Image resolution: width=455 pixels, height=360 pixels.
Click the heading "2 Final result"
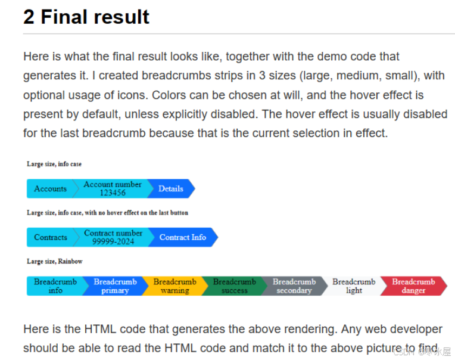point(86,17)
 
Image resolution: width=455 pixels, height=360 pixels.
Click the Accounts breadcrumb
point(50,188)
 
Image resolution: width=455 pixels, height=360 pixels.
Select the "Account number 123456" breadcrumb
point(113,188)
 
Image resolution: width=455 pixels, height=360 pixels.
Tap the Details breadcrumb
point(170,188)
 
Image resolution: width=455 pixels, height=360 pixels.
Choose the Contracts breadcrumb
point(51,237)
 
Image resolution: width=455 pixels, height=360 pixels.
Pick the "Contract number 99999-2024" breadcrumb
point(113,237)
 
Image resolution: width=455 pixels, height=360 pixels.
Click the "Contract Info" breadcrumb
point(182,237)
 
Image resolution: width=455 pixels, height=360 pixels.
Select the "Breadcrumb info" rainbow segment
point(55,286)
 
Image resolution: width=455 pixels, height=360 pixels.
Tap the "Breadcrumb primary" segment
point(115,286)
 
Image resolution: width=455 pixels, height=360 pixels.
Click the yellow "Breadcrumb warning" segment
point(174,286)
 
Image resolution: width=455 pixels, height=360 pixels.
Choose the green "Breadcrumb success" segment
point(234,286)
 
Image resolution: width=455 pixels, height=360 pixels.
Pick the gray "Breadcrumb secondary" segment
point(294,286)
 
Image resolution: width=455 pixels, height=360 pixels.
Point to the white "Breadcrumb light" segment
point(354,286)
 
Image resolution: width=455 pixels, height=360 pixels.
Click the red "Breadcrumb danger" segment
point(413,286)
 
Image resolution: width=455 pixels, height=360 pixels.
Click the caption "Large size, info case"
point(54,164)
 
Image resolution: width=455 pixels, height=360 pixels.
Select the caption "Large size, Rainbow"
point(55,261)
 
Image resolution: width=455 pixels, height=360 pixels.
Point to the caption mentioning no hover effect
point(107,212)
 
